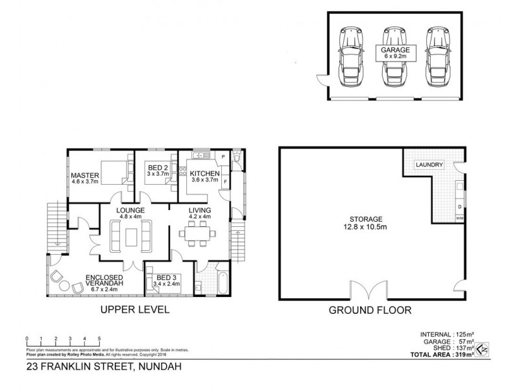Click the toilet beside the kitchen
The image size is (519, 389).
(x=237, y=158)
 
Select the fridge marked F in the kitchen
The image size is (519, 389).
(x=224, y=182)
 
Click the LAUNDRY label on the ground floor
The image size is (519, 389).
(x=429, y=165)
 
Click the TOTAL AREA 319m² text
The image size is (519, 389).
(x=441, y=356)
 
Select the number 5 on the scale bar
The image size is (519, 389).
(x=99, y=339)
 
